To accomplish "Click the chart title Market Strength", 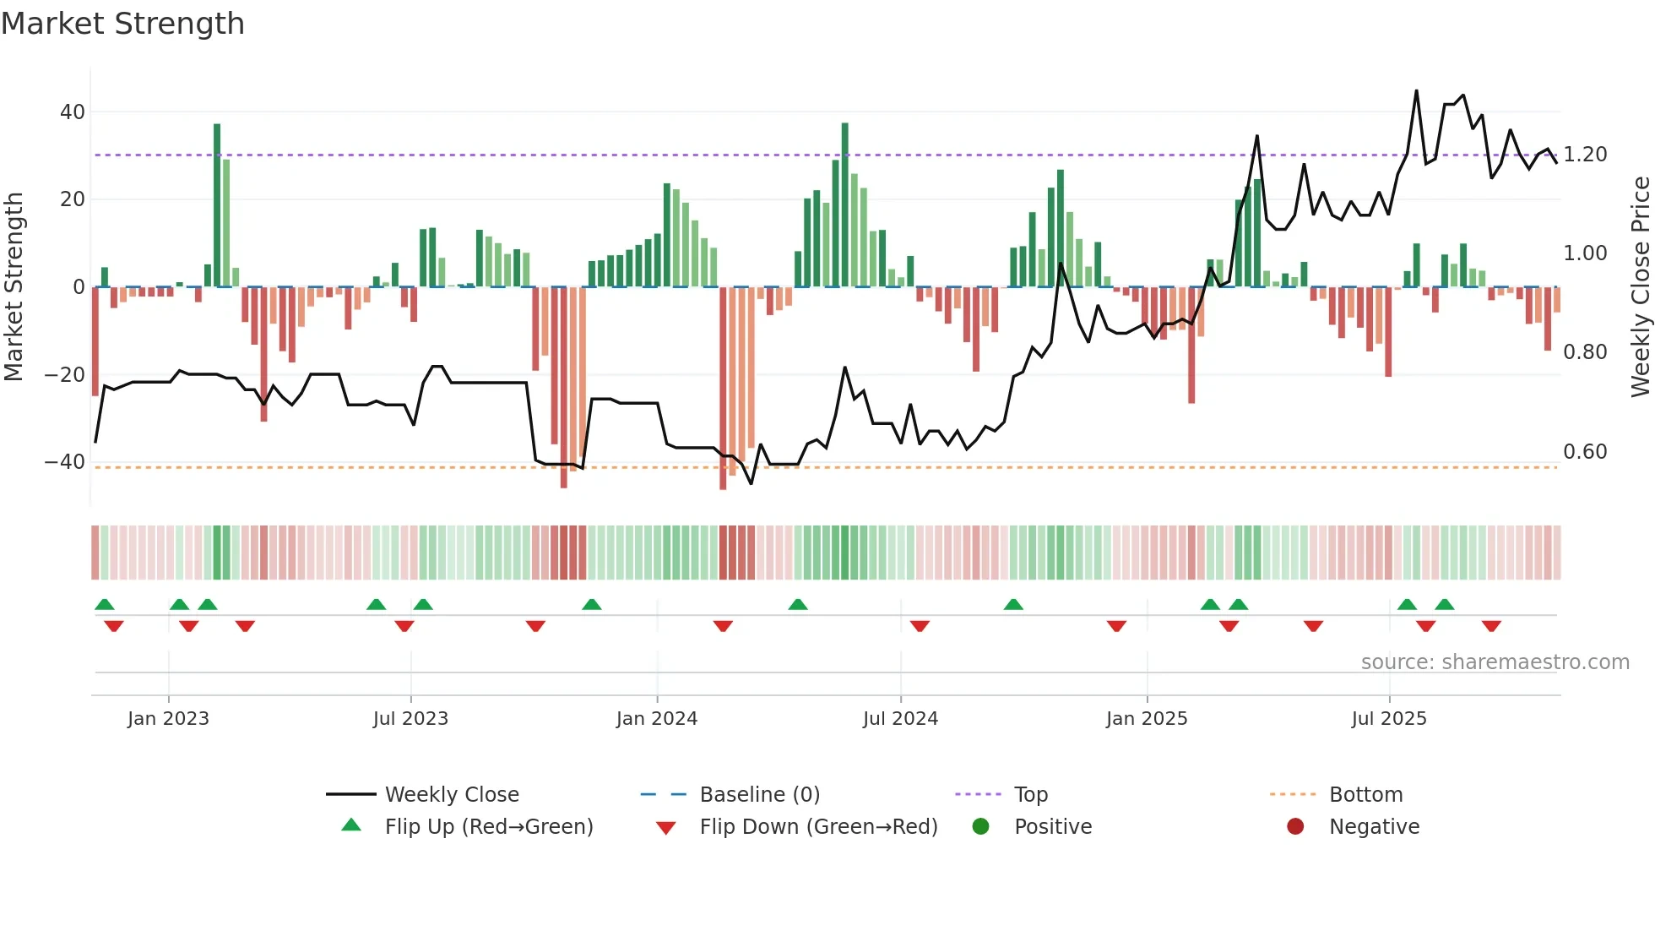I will [122, 24].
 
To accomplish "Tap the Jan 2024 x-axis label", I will [656, 719].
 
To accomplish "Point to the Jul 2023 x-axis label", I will [410, 719].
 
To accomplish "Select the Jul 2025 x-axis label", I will [1388, 719].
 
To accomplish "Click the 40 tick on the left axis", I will [73, 112].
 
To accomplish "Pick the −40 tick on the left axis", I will [65, 462].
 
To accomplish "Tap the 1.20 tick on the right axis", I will [1585, 155].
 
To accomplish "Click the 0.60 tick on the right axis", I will [1585, 452].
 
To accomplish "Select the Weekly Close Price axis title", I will [1640, 287].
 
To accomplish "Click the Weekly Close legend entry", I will [452, 795].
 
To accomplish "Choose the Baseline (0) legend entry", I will [759, 795].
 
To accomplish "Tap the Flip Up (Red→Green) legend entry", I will [489, 827].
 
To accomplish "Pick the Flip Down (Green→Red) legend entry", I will [818, 827].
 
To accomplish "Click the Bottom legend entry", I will [1365, 795].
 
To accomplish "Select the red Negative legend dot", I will [1295, 827].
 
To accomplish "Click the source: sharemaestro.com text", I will [1495, 662].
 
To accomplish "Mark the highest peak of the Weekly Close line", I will [1416, 91].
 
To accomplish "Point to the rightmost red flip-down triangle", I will [1491, 626].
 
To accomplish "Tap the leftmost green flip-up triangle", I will [105, 604].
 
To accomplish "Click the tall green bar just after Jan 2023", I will [217, 205].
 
